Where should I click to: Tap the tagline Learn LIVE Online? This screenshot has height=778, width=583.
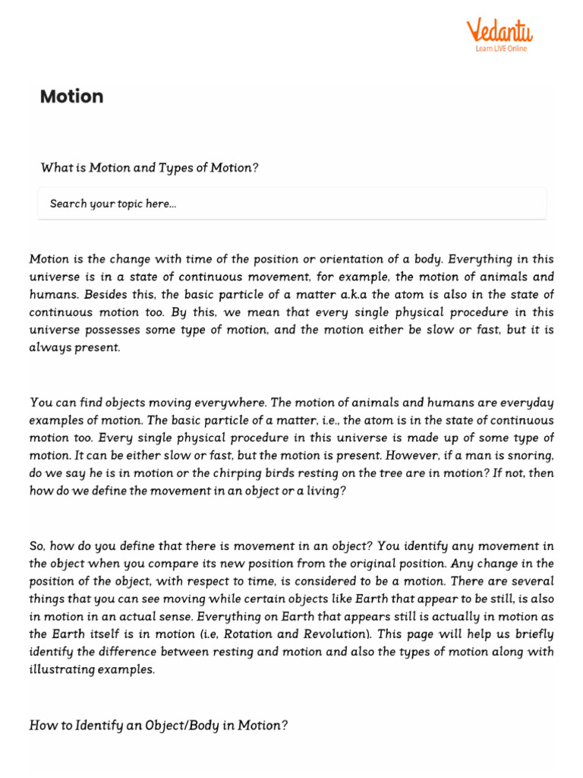501,49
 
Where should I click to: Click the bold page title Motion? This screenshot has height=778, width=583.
71,96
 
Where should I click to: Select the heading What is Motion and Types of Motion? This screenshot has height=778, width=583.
150,168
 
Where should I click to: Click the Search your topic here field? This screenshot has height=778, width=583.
291,204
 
